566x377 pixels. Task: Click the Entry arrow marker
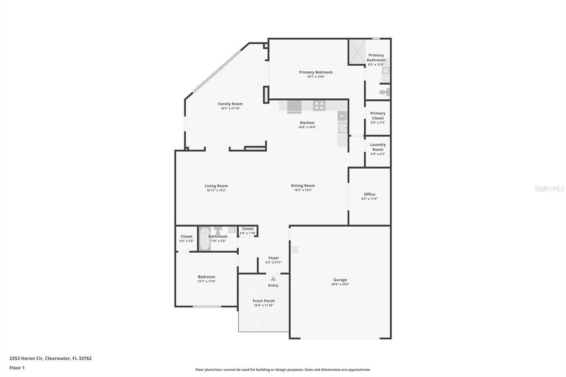[273, 279]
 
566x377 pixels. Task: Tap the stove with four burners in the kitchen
[319, 105]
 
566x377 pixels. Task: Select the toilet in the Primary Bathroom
[385, 92]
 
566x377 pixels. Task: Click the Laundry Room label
[378, 147]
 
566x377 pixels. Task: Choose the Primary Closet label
[378, 116]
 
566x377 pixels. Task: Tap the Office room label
[369, 194]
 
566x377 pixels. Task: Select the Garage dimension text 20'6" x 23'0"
[340, 284]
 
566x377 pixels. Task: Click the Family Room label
[230, 104]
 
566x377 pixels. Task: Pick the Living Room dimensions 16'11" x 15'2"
[216, 190]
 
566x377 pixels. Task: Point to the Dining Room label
[303, 186]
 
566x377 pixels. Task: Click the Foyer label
[274, 258]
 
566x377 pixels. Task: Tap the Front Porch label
[264, 301]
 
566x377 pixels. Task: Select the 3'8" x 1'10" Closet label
[248, 229]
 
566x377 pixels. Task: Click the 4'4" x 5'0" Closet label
[186, 237]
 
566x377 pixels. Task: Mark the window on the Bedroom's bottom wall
[206, 306]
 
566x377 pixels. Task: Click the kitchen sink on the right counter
[343, 128]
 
